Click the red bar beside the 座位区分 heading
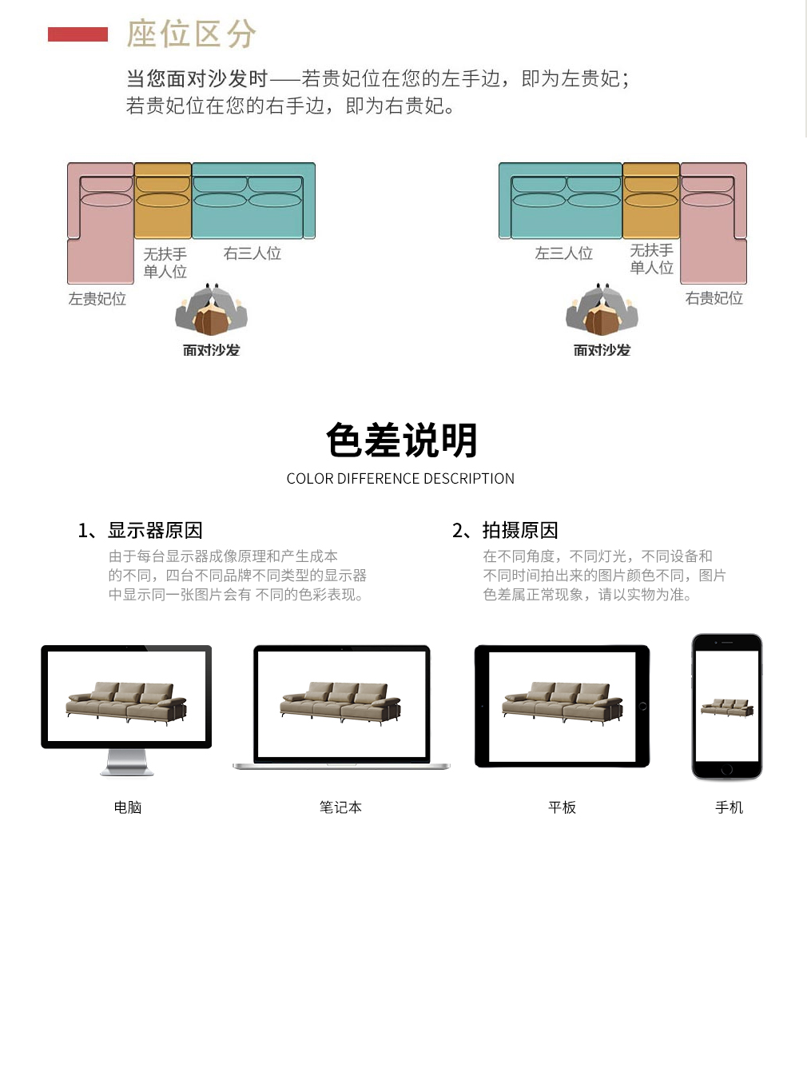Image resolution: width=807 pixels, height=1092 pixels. click(78, 34)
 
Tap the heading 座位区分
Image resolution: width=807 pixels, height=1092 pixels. click(192, 34)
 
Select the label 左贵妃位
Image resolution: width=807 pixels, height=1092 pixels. click(97, 299)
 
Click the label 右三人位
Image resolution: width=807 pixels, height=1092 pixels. click(252, 253)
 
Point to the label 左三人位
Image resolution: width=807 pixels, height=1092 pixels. click(564, 253)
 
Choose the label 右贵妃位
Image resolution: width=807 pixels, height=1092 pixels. click(714, 298)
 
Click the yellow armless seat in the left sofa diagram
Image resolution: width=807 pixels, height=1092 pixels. click(163, 201)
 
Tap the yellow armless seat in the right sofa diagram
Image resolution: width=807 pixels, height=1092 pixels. click(651, 201)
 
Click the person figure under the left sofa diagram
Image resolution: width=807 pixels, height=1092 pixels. click(211, 309)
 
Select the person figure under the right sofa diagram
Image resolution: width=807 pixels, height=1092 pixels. click(602, 309)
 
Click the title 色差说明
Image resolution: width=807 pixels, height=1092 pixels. click(402, 440)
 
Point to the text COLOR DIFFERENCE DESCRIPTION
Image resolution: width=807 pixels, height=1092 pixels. click(400, 479)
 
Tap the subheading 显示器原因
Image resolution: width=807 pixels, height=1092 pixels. click(155, 531)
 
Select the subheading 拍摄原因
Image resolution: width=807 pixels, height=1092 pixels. click(520, 531)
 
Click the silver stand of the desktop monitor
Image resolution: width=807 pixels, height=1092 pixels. click(127, 762)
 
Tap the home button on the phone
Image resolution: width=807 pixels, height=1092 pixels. click(727, 770)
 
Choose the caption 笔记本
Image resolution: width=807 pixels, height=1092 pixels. click(340, 807)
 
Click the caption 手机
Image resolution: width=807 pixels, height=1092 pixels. click(729, 807)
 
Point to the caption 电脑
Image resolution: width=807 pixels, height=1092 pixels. click(128, 807)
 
